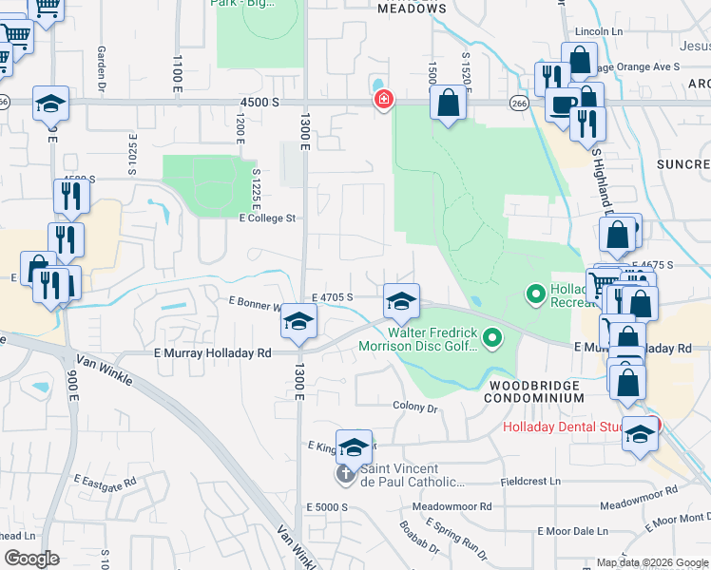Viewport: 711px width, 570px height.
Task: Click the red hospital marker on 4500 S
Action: click(384, 100)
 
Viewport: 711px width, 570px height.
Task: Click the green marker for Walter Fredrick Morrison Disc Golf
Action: click(491, 337)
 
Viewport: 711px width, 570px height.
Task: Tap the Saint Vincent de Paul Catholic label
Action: click(399, 475)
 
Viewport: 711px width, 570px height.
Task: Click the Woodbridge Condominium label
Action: click(537, 391)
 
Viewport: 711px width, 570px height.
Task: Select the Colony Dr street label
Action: click(414, 408)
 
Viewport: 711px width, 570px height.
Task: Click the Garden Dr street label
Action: click(100, 65)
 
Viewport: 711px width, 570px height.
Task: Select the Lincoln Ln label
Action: click(598, 31)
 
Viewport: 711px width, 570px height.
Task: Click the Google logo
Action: click(32, 559)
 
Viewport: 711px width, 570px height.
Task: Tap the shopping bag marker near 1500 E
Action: click(448, 103)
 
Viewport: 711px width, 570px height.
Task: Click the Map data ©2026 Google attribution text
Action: click(651, 562)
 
